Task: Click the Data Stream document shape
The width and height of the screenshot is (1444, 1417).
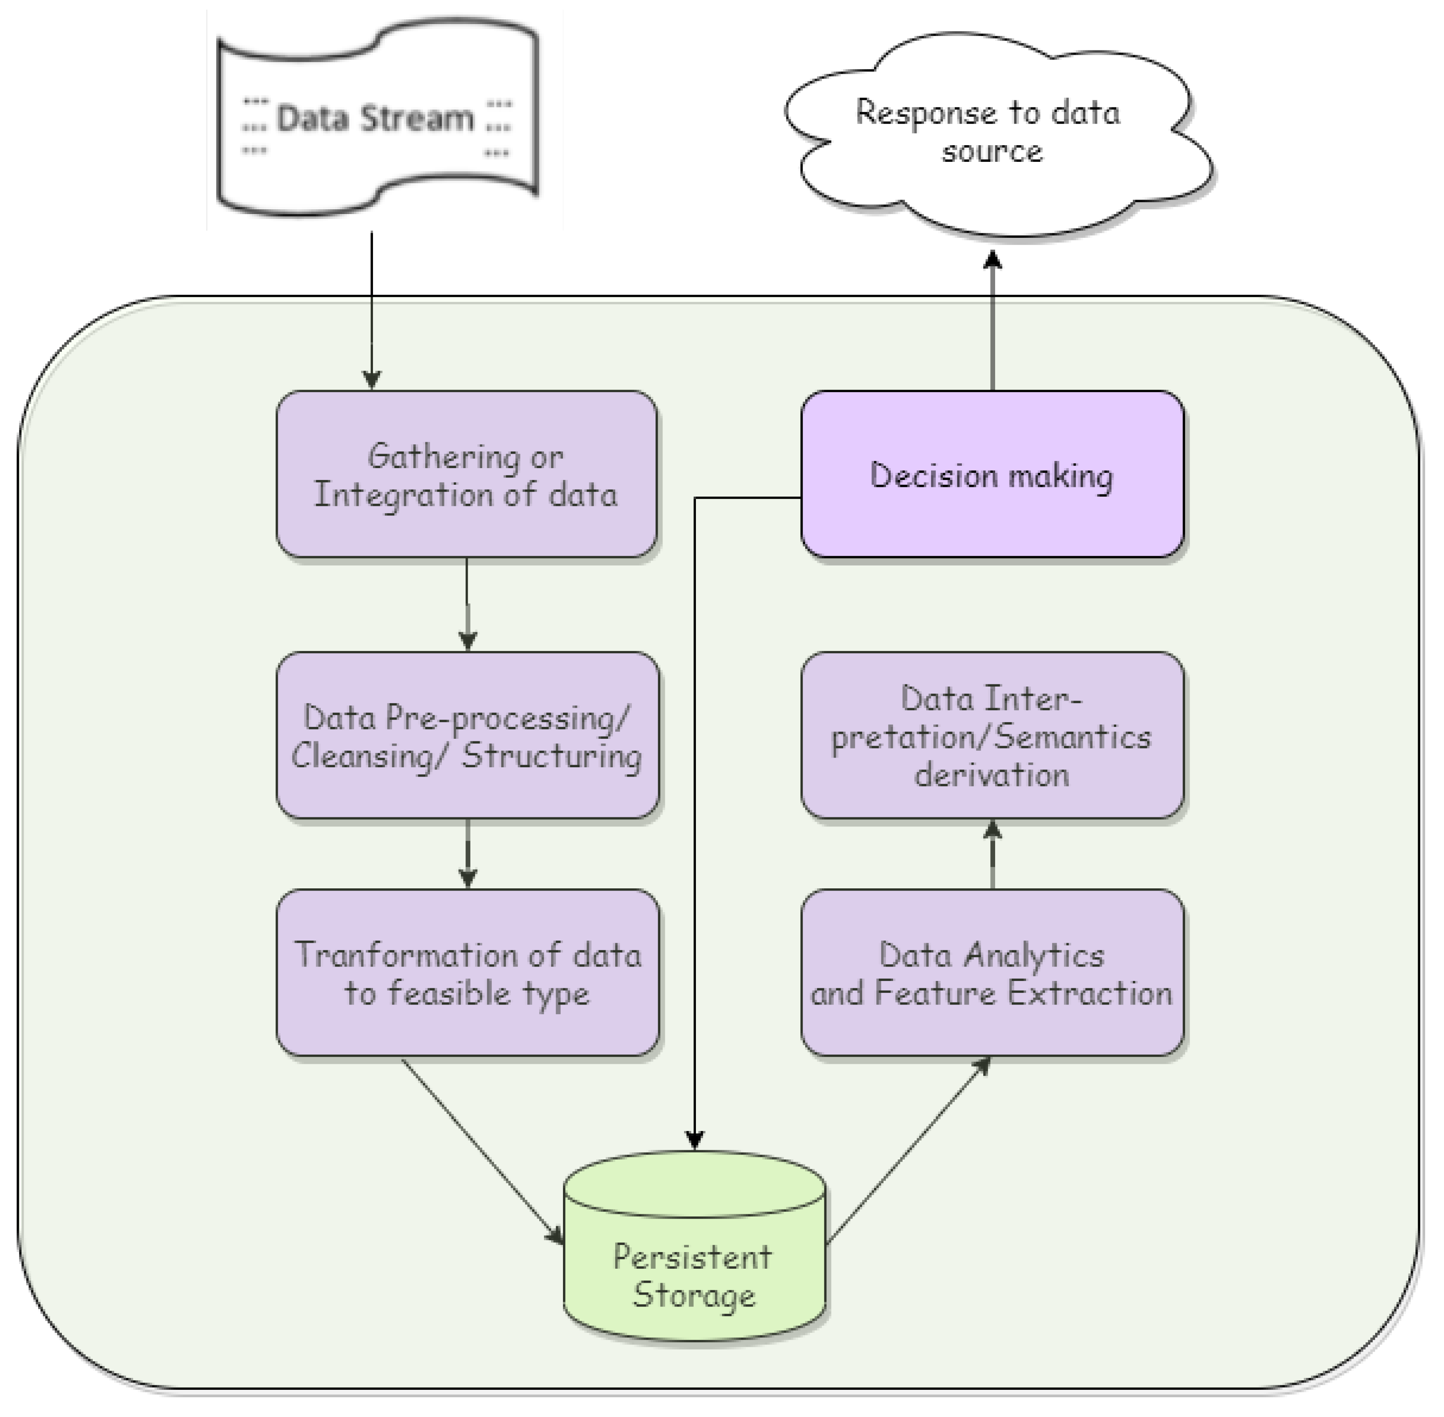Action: [x=377, y=119]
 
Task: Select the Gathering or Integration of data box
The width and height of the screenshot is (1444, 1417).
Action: [x=467, y=474]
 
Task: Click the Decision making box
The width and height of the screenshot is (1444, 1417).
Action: [x=992, y=474]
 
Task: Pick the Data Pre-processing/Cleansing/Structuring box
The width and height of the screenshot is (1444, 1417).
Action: [x=467, y=735]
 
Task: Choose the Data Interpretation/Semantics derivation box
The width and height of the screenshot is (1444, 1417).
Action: [x=992, y=735]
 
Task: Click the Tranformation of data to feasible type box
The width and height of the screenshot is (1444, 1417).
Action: [x=467, y=972]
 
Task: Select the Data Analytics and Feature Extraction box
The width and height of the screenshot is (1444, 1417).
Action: [x=992, y=972]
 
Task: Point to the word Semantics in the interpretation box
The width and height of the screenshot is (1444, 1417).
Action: [x=1072, y=737]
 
